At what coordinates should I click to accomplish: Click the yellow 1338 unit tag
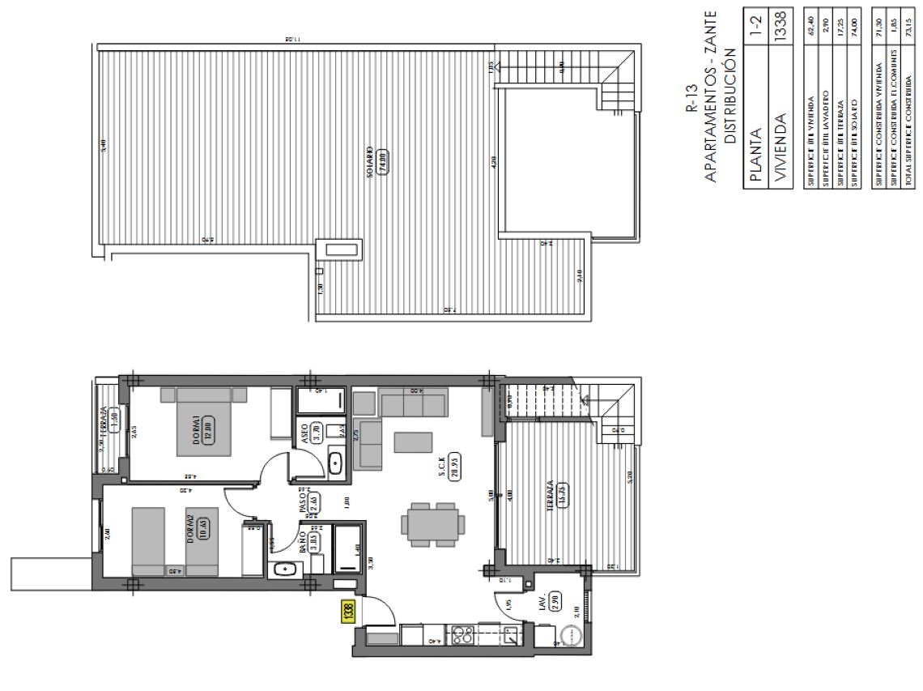347,608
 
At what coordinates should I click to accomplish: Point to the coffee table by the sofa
414,441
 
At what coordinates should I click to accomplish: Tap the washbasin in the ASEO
335,463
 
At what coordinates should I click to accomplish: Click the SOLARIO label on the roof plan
369,163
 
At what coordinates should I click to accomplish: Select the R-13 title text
691,97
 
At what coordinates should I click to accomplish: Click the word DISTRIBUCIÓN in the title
729,96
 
